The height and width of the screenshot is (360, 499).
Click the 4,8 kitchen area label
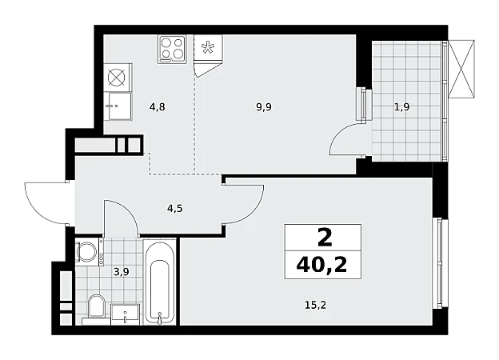click(158, 107)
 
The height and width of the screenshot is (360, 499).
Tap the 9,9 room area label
click(264, 107)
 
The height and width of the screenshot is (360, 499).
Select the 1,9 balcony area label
click(402, 107)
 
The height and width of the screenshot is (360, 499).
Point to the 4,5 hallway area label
click(175, 209)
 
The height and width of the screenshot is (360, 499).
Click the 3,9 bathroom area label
click(122, 272)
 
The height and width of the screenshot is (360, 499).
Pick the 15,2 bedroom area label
click(316, 306)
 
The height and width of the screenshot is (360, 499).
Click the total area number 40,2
click(321, 265)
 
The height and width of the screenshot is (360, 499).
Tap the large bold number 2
click(325, 238)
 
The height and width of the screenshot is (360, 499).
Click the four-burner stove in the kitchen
click(172, 49)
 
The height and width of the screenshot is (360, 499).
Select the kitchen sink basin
click(120, 106)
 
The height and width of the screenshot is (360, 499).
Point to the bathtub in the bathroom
click(160, 282)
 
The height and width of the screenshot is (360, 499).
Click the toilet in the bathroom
click(96, 306)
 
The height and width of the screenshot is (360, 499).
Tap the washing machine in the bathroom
click(87, 251)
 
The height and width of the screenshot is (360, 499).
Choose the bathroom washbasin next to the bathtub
click(125, 314)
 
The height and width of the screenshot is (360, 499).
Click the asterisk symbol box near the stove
click(208, 47)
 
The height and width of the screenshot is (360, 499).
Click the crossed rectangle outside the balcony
click(461, 69)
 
